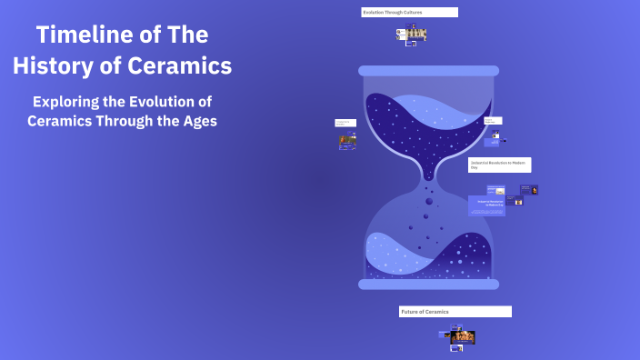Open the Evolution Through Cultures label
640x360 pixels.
tap(409, 13)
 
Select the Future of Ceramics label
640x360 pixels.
tap(455, 312)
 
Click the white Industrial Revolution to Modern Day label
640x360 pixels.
tap(499, 165)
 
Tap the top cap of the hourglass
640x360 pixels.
tap(428, 71)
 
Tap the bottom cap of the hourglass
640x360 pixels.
tap(428, 285)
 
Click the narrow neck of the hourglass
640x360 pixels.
tap(428, 178)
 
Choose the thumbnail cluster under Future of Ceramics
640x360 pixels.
tap(460, 337)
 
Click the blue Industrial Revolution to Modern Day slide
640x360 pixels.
tap(486, 205)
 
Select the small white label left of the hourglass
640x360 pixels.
tap(345, 123)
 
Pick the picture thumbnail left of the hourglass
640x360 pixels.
tap(347, 142)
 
